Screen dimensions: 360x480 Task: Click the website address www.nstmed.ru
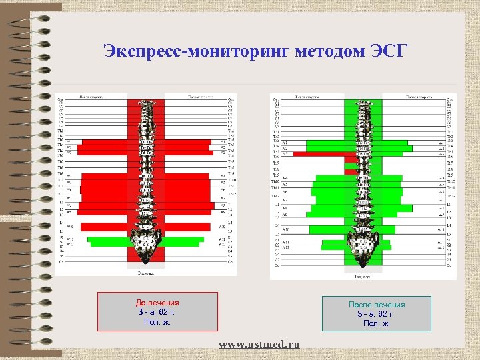(x=259, y=344)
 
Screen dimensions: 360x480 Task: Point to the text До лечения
(x=157, y=303)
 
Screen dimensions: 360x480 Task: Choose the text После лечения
(x=377, y=305)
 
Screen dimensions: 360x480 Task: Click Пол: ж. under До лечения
(x=157, y=322)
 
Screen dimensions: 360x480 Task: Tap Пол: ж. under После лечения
(x=377, y=323)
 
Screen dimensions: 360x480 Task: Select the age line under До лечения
(x=157, y=312)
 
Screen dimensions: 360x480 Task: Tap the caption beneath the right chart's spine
(x=363, y=275)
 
